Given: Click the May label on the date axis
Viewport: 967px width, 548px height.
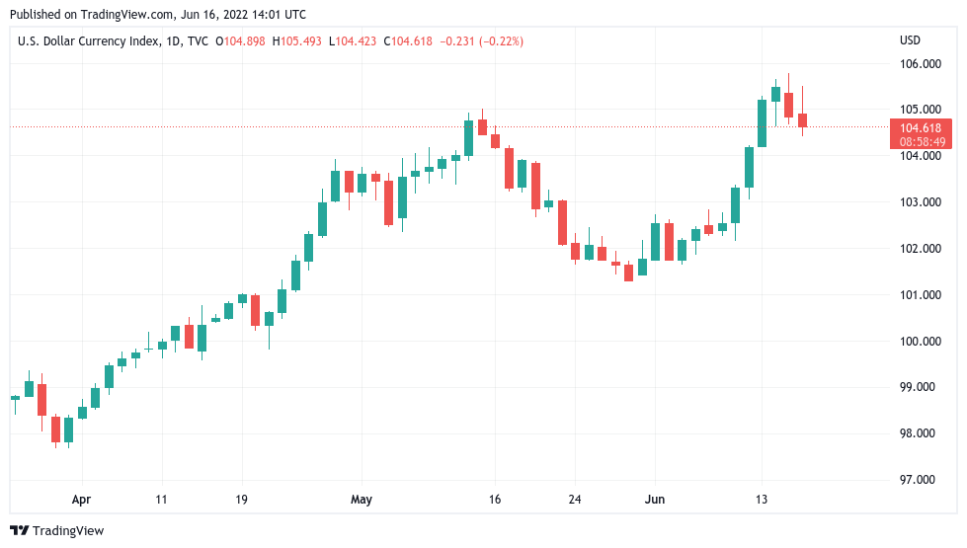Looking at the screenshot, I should coord(362,500).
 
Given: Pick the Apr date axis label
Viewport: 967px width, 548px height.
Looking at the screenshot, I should coord(81,500).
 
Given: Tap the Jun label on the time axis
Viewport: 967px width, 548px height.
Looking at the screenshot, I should coord(654,500).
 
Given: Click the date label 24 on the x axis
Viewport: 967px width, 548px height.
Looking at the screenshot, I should coord(575,500).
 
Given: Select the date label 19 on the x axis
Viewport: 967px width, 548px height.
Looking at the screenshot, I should coord(241,500).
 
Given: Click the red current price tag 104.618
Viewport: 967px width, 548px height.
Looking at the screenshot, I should coord(920,127).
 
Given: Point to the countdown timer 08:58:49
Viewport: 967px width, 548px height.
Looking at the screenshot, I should coord(920,141).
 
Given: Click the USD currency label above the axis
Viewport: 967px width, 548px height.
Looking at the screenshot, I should coord(910,40).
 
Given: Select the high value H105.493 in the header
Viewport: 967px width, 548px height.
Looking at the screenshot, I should coord(297,40).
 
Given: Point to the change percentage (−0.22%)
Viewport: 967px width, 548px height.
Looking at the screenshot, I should coord(501,40).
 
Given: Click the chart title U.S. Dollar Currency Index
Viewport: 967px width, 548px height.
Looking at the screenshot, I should coord(83,40).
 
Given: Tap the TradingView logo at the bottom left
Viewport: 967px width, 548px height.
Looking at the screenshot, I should coord(57,530).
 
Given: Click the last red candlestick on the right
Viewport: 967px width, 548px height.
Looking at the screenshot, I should coord(802,120).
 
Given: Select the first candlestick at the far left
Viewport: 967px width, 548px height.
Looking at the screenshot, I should coord(15,397).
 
